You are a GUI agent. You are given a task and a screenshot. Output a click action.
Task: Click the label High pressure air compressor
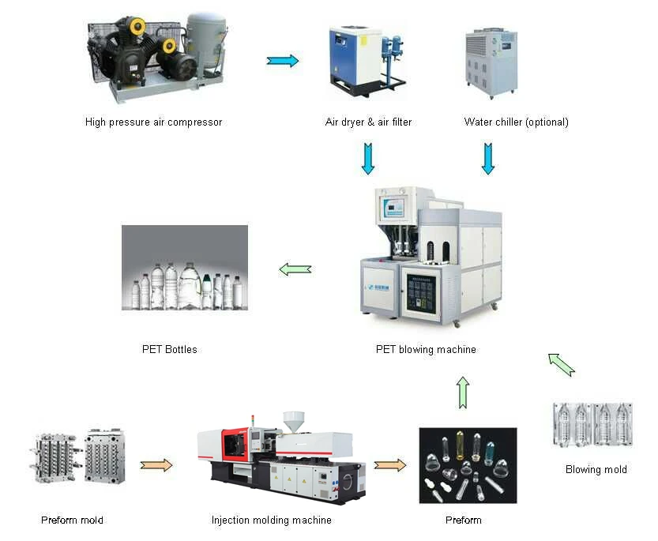[153, 122]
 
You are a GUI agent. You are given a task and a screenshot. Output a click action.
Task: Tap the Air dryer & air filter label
[368, 122]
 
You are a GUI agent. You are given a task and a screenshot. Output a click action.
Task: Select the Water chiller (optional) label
[516, 122]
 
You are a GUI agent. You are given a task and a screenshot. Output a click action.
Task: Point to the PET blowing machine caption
[426, 349]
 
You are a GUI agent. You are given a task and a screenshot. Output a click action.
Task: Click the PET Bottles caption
[170, 349]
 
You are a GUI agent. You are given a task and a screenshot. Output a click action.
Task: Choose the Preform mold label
[72, 520]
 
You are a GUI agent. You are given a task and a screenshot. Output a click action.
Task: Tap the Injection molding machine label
[271, 520]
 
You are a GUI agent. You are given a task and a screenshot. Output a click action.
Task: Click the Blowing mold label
[596, 469]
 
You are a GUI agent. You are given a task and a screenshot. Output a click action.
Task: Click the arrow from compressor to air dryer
[283, 61]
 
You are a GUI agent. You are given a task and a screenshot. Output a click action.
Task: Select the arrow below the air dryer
[368, 158]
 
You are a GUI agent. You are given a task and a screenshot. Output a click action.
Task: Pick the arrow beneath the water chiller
[488, 158]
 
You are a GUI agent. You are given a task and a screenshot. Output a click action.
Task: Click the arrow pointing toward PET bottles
[295, 270]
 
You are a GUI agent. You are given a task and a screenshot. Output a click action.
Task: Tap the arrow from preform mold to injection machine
[156, 465]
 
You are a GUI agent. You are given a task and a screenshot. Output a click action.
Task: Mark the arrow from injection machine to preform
[389, 465]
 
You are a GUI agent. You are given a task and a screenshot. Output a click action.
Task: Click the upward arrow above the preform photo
[463, 392]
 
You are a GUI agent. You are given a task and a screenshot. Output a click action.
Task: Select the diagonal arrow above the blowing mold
[562, 364]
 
